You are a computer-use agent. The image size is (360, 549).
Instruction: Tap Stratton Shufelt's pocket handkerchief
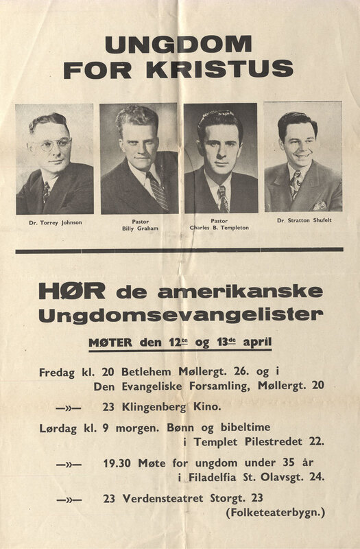pos(319,205)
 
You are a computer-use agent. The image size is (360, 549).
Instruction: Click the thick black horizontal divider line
pos(180,251)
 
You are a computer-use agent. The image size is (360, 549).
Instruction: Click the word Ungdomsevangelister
pos(171,317)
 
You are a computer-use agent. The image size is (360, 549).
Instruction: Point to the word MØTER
pos(115,341)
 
